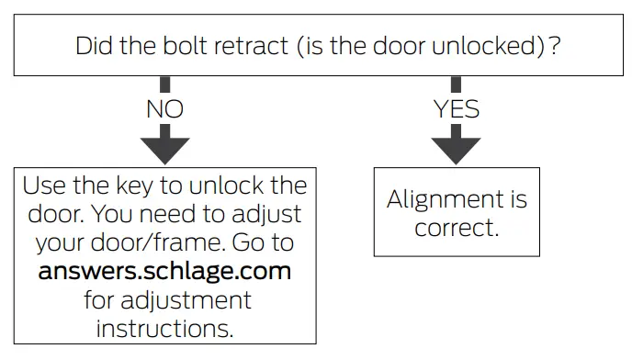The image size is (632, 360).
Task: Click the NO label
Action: pyautogui.click(x=164, y=109)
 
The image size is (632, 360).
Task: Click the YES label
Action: pyautogui.click(x=457, y=109)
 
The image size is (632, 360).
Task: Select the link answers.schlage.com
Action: pyautogui.click(x=164, y=272)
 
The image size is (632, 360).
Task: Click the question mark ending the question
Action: pyautogui.click(x=556, y=45)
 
